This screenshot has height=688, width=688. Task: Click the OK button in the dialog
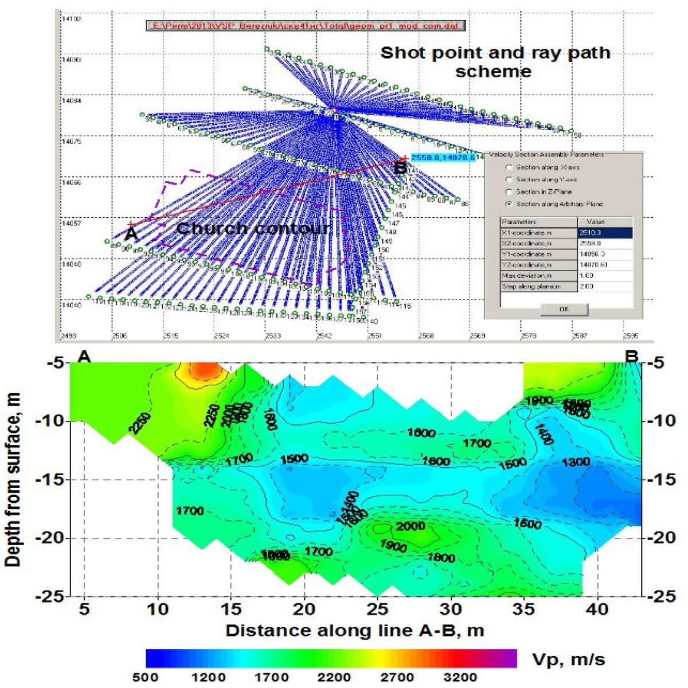point(564,309)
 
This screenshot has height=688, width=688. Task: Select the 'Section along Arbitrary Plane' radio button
point(508,204)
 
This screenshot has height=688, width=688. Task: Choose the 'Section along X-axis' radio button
point(508,167)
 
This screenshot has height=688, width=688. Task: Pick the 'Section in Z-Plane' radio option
point(508,192)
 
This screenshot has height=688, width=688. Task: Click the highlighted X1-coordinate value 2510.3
point(605,233)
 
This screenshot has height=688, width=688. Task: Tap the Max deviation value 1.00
point(605,276)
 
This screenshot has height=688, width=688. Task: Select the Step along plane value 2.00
point(605,286)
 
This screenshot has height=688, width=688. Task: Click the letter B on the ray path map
point(400,167)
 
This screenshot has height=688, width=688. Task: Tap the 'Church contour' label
point(253,229)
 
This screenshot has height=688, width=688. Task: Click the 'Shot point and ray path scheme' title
point(495,62)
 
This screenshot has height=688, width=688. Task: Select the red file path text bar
point(304,26)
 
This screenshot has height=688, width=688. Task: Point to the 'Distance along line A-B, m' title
point(354,631)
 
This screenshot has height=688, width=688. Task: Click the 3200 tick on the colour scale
point(460,678)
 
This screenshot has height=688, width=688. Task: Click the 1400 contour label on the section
point(543,435)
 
